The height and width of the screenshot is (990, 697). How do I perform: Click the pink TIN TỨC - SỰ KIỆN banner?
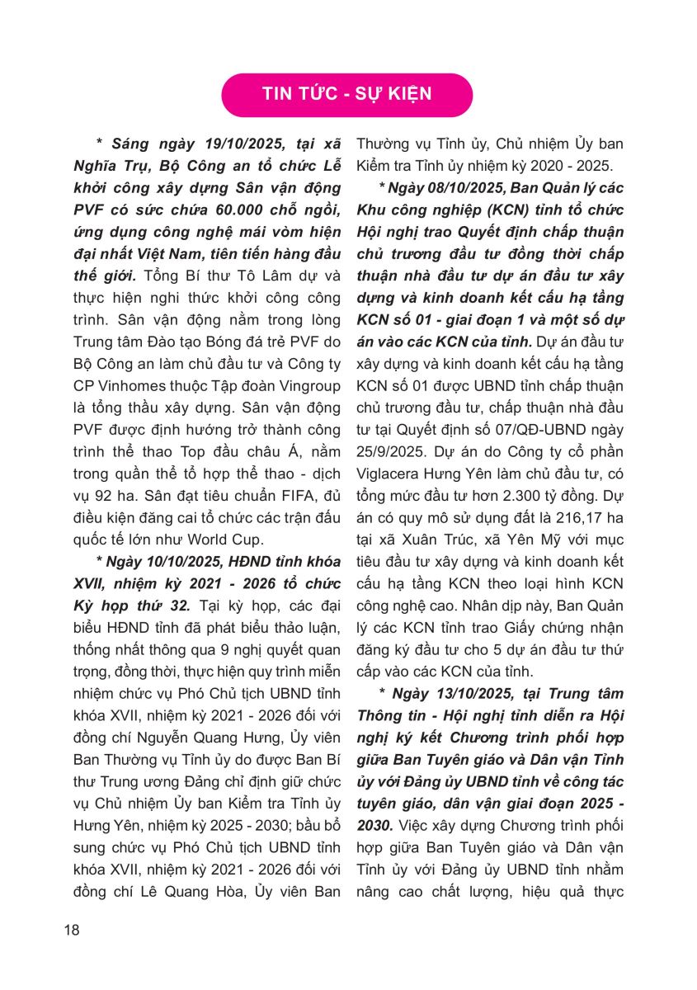click(x=346, y=94)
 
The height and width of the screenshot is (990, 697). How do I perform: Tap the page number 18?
click(x=72, y=931)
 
